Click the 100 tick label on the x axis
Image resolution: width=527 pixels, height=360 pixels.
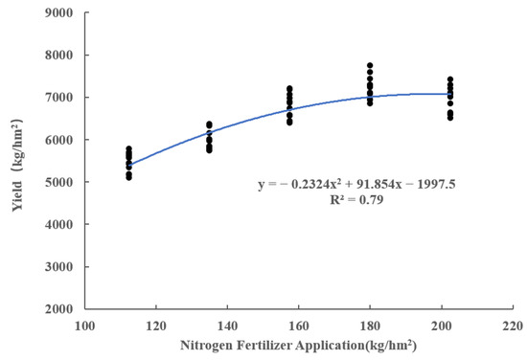coord(85,326)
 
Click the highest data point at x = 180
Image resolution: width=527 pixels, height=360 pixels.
coord(370,65)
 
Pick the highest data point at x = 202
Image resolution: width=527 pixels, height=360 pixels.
coord(450,79)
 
